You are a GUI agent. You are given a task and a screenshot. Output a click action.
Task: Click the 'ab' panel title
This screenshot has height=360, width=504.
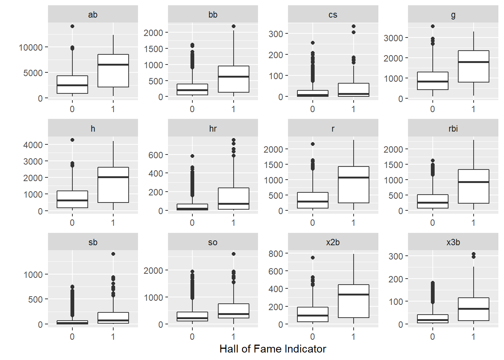pyautogui.click(x=93, y=15)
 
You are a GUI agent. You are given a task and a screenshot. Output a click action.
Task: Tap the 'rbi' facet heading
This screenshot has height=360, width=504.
pyautogui.click(x=453, y=129)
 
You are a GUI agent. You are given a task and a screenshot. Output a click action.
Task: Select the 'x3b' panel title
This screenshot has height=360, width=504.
pyautogui.click(x=453, y=242)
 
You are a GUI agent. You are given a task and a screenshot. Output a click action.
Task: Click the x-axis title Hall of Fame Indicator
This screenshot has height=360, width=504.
pyautogui.click(x=273, y=349)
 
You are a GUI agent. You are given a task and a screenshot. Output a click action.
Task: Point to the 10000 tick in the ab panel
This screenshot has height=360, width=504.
pyautogui.click(x=31, y=47)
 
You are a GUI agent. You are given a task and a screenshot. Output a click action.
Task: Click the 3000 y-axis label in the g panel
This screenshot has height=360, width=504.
pyautogui.click(x=393, y=38)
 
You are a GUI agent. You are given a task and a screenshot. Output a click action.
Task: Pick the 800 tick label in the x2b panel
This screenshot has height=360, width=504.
pyautogui.click(x=276, y=253)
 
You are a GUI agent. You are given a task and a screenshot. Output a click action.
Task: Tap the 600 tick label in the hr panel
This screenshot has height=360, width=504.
pyautogui.click(x=156, y=155)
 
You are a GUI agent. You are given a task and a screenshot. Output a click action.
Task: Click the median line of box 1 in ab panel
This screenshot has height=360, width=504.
pyautogui.click(x=113, y=64)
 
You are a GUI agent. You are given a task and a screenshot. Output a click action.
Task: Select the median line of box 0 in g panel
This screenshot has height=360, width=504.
pyautogui.click(x=432, y=81)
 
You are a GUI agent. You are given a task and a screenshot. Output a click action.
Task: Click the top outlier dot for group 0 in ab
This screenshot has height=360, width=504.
pyautogui.click(x=72, y=26)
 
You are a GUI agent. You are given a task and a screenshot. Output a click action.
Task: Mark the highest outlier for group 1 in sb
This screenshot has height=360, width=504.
pyautogui.click(x=113, y=254)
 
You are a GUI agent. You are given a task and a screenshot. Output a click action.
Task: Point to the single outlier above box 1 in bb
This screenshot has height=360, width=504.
pyautogui.click(x=234, y=26)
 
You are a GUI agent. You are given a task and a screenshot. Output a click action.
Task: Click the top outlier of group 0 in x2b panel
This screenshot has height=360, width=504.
pyautogui.click(x=313, y=258)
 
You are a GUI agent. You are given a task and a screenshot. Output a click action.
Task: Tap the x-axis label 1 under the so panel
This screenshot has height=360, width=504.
pyautogui.click(x=233, y=336)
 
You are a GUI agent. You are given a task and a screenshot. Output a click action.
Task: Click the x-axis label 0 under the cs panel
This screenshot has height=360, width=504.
pyautogui.click(x=312, y=109)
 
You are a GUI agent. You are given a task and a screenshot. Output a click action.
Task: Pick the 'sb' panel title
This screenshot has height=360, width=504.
pyautogui.click(x=93, y=242)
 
